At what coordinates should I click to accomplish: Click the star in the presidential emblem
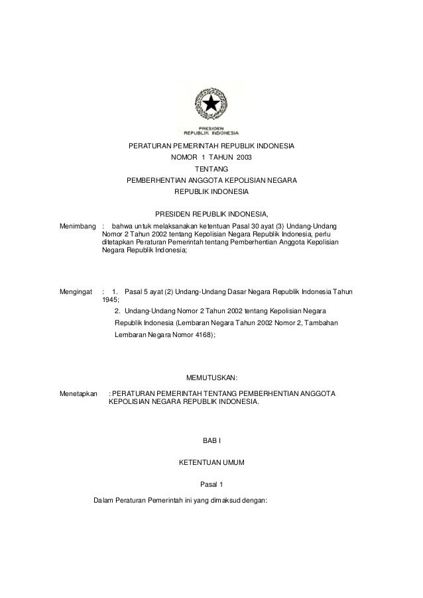[211, 105]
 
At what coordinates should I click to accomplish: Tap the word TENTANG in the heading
[211, 169]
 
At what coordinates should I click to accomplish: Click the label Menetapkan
[79, 393]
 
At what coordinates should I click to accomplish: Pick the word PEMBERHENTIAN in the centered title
[159, 181]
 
